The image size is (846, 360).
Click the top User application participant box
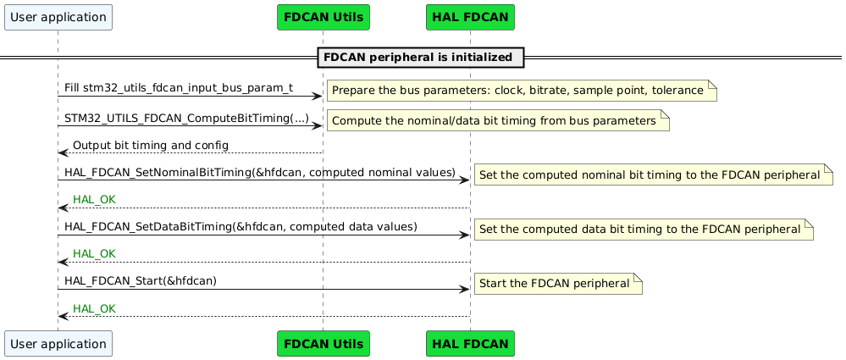coord(58,16)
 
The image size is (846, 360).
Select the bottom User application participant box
coord(58,344)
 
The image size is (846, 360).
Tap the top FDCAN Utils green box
coord(323,16)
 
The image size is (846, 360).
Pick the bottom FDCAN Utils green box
coord(323,344)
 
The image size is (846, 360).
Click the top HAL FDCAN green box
coord(470,16)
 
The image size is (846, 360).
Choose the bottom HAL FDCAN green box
coord(470,344)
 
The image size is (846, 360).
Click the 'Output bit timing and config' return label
coord(151,146)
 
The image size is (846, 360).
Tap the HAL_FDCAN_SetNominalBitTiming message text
coord(260,173)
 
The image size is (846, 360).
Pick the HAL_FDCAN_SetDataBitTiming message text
coord(241,226)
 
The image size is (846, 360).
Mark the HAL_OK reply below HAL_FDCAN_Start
coord(94,308)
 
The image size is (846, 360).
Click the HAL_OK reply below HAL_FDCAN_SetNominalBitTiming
coord(94,200)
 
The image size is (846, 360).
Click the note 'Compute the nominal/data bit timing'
coord(497,121)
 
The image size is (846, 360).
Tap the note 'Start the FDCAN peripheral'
coord(557,283)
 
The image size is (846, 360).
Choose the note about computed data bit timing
coord(643,230)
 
